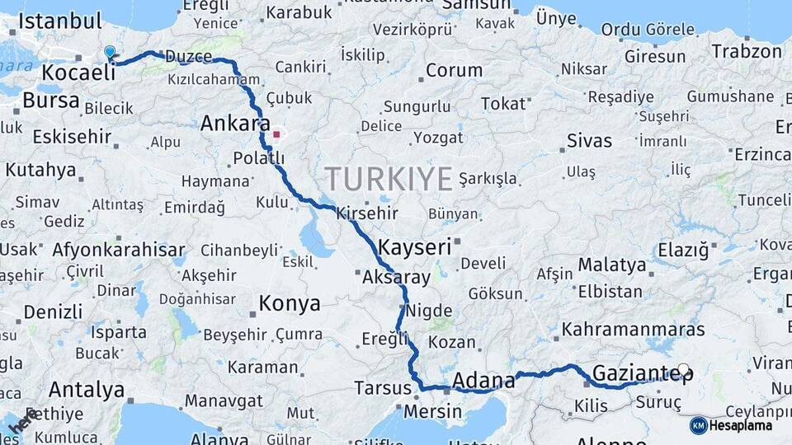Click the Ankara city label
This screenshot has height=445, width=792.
(x=235, y=124)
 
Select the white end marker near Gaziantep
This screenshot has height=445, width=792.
(x=683, y=370)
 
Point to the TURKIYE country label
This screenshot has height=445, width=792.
(x=389, y=178)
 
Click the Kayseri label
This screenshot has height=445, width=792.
(x=414, y=246)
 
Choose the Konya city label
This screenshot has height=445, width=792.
(x=290, y=303)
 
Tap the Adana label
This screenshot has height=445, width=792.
(x=483, y=381)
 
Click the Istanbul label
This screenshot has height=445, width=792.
(x=56, y=21)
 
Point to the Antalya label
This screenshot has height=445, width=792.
(x=86, y=389)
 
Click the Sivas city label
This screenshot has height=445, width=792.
(x=589, y=141)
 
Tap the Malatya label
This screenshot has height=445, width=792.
(x=611, y=265)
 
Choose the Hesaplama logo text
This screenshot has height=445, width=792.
(x=740, y=425)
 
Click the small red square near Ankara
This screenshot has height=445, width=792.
(x=277, y=133)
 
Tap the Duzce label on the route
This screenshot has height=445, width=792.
(x=188, y=57)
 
